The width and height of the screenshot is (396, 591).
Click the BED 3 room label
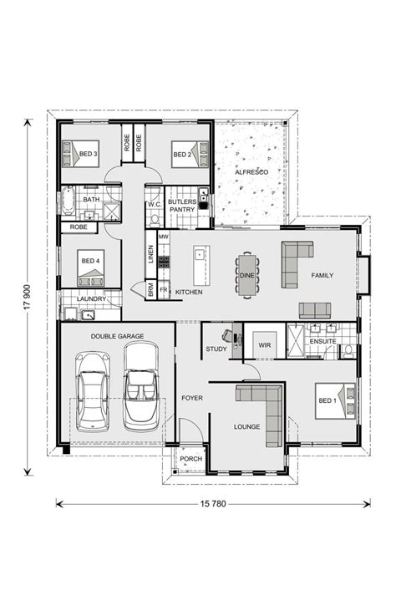pyautogui.click(x=89, y=155)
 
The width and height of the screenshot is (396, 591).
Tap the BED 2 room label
pyautogui.click(x=182, y=155)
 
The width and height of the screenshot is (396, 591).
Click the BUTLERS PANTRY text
pyautogui.click(x=181, y=206)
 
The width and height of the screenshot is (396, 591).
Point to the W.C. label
pyautogui.click(x=154, y=204)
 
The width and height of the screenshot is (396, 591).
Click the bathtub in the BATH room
pyautogui.click(x=69, y=202)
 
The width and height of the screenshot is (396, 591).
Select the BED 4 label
pyautogui.click(x=90, y=261)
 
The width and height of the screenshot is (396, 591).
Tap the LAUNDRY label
pyautogui.click(x=90, y=298)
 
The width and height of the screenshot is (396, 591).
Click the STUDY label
pyautogui.click(x=216, y=349)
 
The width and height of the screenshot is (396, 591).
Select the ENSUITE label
pyautogui.click(x=322, y=342)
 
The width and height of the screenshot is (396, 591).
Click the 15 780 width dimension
pyautogui.click(x=212, y=504)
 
